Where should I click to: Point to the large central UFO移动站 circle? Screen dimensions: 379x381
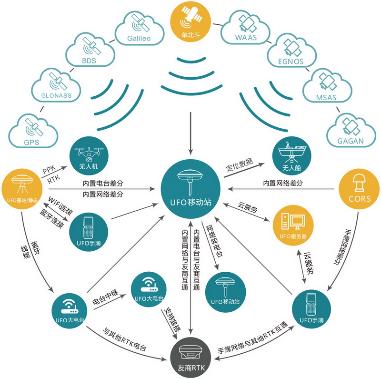[x=190, y=190]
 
